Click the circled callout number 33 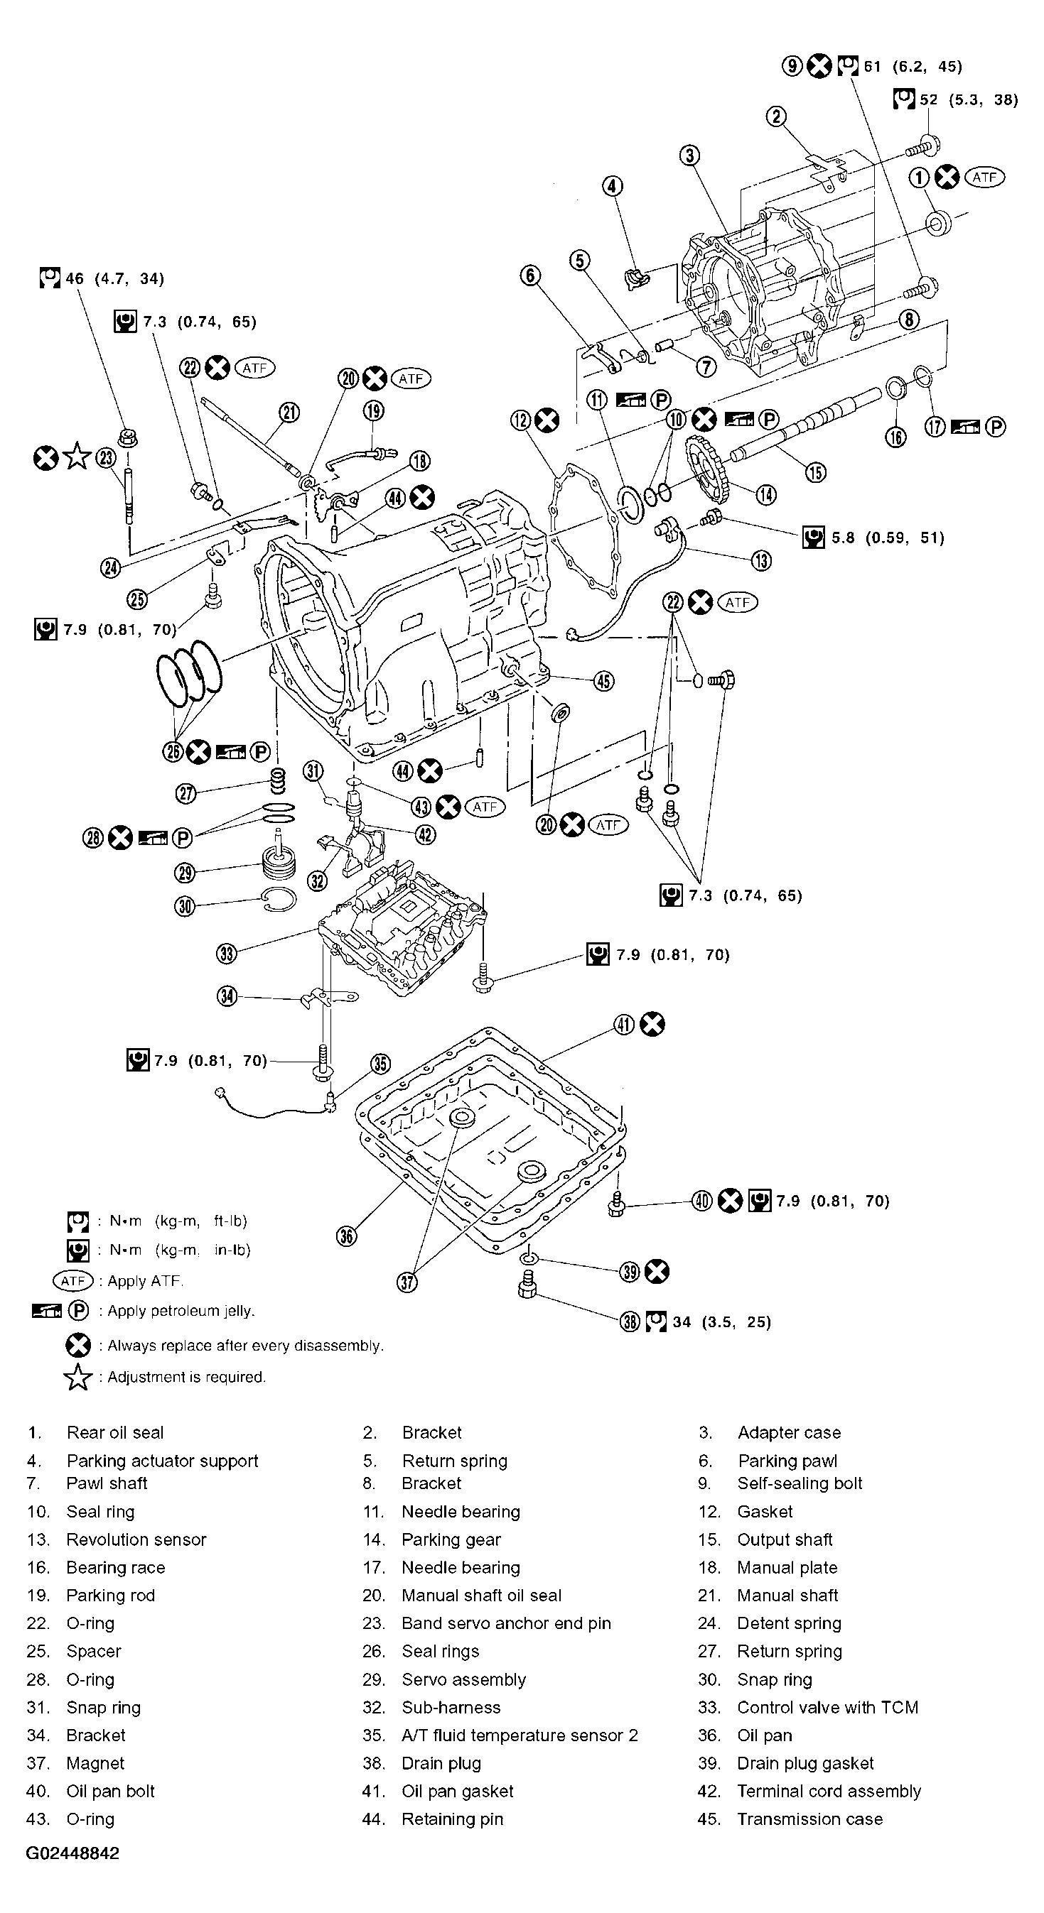click(227, 953)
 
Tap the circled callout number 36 click(347, 1235)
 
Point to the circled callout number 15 click(816, 472)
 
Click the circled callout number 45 click(604, 680)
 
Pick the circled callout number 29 click(185, 873)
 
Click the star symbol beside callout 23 click(77, 457)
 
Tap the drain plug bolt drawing click(526, 1284)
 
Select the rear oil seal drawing click(940, 223)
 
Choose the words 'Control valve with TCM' click(828, 1707)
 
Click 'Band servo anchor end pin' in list click(506, 1623)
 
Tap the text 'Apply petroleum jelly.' click(181, 1311)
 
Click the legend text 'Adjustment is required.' click(186, 1377)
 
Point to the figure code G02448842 click(72, 1853)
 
